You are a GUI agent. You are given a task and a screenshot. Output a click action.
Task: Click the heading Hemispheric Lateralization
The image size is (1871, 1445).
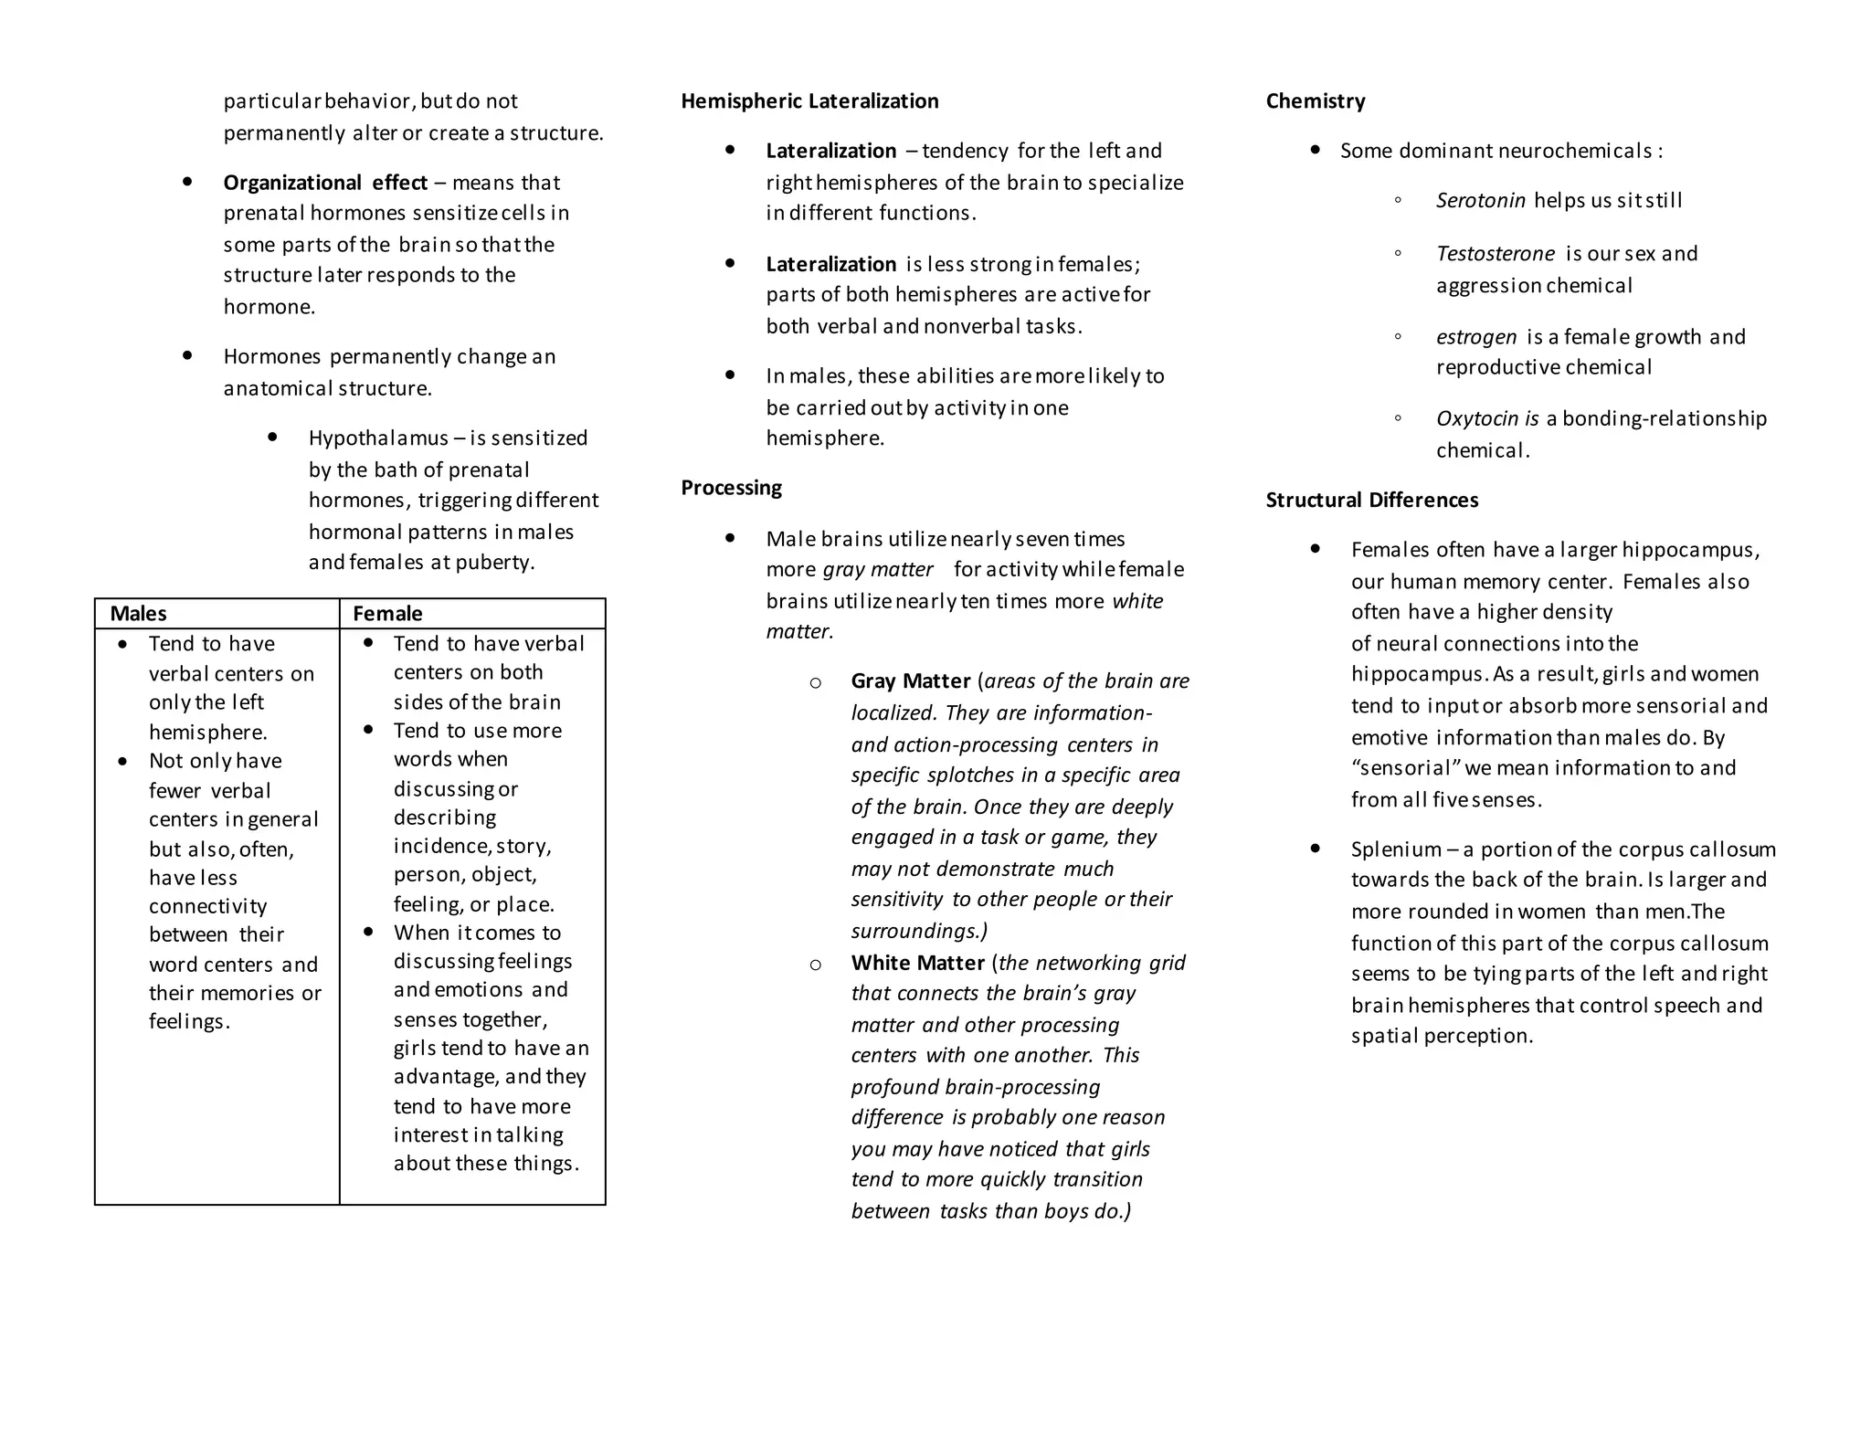point(809,101)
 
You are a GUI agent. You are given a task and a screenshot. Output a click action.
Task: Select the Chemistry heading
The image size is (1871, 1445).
point(1315,101)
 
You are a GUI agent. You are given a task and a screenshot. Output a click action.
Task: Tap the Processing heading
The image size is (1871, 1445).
point(731,488)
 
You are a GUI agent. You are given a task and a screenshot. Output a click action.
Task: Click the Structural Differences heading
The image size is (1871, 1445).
point(1371,501)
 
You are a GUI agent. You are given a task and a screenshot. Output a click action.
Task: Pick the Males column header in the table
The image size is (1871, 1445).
point(138,614)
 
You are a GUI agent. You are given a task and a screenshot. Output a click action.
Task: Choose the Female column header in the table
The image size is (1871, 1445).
point(387,614)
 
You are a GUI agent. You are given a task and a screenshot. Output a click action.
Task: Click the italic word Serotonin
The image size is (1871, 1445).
point(1480,201)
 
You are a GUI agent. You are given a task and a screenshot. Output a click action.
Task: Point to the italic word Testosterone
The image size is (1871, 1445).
point(1495,254)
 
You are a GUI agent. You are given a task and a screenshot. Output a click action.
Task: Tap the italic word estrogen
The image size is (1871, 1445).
point(1475,337)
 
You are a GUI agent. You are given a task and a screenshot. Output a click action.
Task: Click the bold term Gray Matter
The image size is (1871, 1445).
point(910,681)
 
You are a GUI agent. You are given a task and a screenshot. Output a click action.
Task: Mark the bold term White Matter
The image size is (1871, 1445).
point(917,963)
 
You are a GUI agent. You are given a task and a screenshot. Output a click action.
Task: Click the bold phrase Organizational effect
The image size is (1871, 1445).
point(325,183)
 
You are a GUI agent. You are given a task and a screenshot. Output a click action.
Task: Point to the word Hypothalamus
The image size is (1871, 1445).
point(378,438)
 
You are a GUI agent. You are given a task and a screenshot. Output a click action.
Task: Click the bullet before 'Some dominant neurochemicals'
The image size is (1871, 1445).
point(1316,150)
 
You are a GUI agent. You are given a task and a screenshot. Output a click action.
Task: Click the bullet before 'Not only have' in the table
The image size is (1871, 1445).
point(123,762)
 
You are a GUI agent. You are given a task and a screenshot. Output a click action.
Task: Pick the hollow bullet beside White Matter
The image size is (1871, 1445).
point(815,965)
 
